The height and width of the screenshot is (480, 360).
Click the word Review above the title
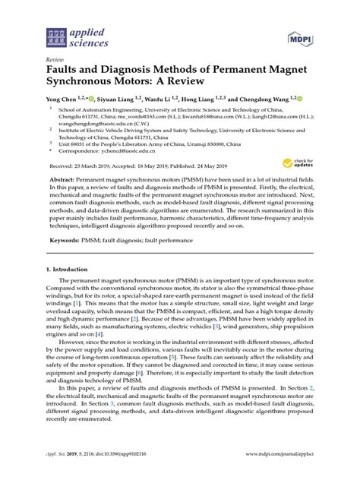[55, 58]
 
